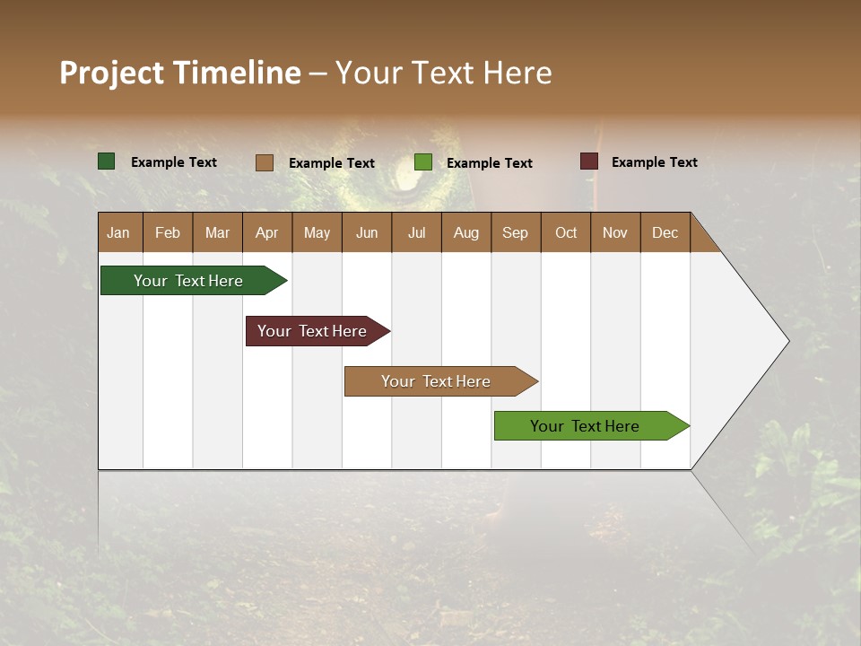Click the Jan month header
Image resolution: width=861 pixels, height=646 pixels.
[x=119, y=232]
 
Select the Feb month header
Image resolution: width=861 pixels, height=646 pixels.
[x=168, y=232]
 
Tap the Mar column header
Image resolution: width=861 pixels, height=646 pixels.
[x=217, y=232]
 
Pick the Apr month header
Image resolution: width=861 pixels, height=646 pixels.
[x=267, y=232]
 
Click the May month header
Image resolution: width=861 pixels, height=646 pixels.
[x=317, y=232]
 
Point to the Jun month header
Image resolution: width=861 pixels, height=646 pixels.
[x=367, y=232]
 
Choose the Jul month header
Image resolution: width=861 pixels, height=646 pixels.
[x=416, y=232]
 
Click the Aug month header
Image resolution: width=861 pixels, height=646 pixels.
[x=466, y=232]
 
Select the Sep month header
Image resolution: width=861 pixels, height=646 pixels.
[x=516, y=232]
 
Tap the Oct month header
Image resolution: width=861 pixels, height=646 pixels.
[x=566, y=232]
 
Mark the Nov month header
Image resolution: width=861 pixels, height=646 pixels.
[x=615, y=232]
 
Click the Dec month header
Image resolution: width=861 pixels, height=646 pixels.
[x=665, y=232]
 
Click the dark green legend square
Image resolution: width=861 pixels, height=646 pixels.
[x=107, y=161]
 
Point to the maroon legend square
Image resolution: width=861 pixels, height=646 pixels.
[x=588, y=161]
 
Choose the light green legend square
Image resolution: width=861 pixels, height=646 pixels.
[x=423, y=162]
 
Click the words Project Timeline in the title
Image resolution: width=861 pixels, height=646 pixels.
[x=180, y=73]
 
